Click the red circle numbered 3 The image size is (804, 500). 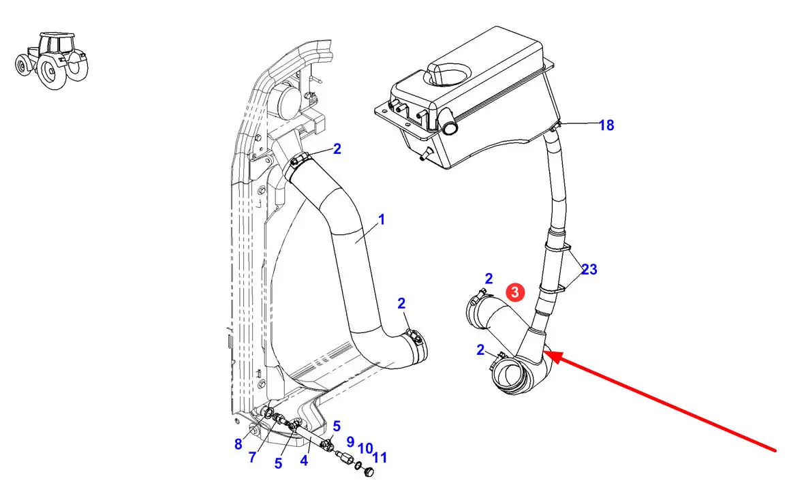coord(515,292)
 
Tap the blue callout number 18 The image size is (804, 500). coord(606,125)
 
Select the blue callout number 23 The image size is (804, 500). coord(589,269)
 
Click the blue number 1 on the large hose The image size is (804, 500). coord(381,219)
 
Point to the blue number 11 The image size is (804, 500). coord(380,458)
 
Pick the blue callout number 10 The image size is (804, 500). coord(365,449)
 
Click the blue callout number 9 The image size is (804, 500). coord(350,441)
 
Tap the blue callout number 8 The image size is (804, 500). coord(238,444)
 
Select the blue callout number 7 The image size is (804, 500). coord(252,457)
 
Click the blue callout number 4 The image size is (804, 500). coord(304,460)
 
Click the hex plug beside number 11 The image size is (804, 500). coord(368,472)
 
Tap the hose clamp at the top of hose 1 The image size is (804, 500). coord(298,161)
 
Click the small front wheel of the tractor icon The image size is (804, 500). coord(22,65)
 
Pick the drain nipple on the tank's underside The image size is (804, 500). coord(424,155)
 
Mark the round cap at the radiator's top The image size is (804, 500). coord(283,101)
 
